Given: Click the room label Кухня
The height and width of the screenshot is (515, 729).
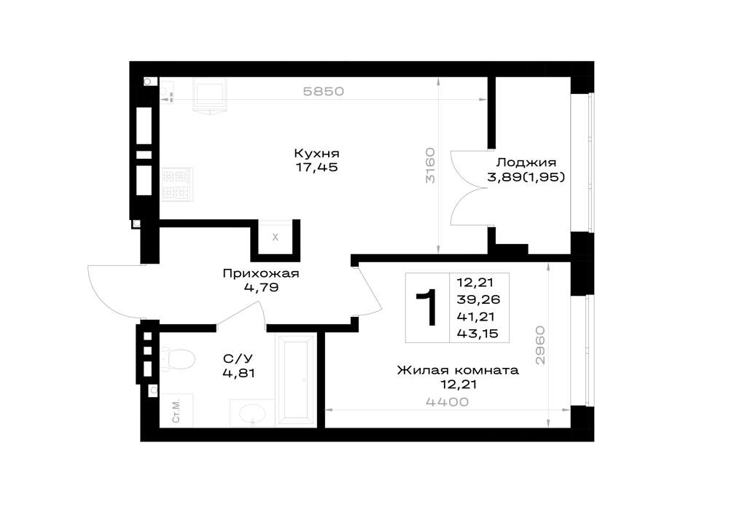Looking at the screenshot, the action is point(316,153).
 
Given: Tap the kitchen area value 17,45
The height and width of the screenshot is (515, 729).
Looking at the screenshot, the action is point(316,168).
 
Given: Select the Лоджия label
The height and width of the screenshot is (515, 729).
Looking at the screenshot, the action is point(526,162).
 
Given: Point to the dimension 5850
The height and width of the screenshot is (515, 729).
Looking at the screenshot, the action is point(324,92).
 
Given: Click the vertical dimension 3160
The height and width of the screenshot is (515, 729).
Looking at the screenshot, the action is point(431,165).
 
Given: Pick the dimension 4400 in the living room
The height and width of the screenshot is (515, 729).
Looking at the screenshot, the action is point(448,402).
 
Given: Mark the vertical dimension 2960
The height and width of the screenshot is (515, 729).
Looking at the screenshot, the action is point(539,345).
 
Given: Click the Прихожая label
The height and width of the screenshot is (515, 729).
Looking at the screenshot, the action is point(261,273).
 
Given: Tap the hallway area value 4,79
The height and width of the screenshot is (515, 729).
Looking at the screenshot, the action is point(261,288).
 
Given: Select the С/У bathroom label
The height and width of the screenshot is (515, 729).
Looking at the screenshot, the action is point(238,359).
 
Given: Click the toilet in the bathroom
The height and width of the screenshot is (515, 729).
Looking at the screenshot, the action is point(177,360).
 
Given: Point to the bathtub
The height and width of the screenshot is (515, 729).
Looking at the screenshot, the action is point(296,379).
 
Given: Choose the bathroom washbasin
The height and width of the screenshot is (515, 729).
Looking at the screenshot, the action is point(252,412).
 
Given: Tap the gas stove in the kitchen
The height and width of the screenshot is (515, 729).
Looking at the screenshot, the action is point(176,184).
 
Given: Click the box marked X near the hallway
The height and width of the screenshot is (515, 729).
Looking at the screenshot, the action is point(276,237).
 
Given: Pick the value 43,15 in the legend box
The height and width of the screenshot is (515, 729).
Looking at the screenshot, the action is point(477,334).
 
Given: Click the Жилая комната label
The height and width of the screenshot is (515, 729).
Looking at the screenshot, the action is point(458,371).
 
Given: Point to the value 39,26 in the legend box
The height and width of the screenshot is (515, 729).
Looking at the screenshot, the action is point(478,299).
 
